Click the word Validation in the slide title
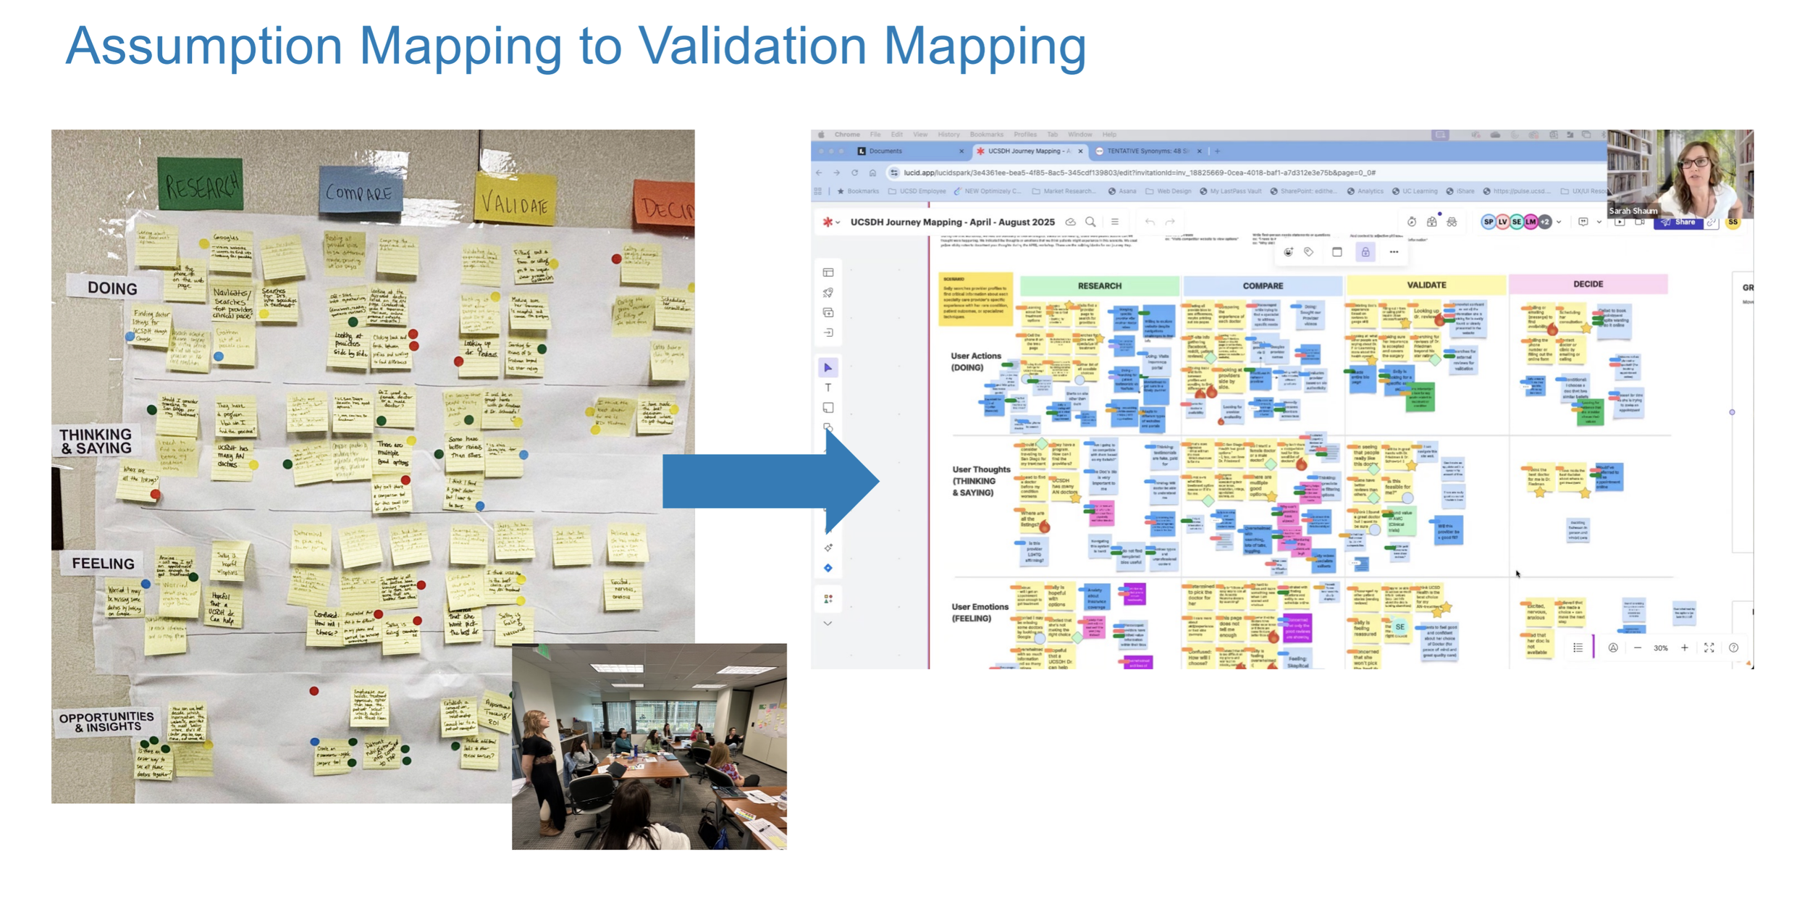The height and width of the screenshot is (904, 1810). coord(752,46)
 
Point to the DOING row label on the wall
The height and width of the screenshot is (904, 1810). coord(112,288)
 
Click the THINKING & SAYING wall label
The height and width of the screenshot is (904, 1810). coord(96,440)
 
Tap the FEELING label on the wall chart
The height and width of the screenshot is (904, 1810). coord(103,563)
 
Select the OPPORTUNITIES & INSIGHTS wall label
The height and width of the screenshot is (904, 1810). coord(106,721)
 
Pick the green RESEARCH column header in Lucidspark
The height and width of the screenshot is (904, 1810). coord(1099,286)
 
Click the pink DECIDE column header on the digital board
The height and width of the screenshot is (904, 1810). coord(1588,284)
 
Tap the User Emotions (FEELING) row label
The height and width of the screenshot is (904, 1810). coord(980,612)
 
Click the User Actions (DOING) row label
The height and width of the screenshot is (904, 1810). coord(975,361)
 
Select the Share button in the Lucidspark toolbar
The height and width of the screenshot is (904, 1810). coord(1679,222)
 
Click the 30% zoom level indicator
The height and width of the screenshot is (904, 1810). coord(1660,648)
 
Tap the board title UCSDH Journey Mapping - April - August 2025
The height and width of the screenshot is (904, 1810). coord(952,222)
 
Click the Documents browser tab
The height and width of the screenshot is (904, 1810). coord(885,151)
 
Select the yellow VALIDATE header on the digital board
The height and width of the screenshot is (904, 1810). coord(1426,285)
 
